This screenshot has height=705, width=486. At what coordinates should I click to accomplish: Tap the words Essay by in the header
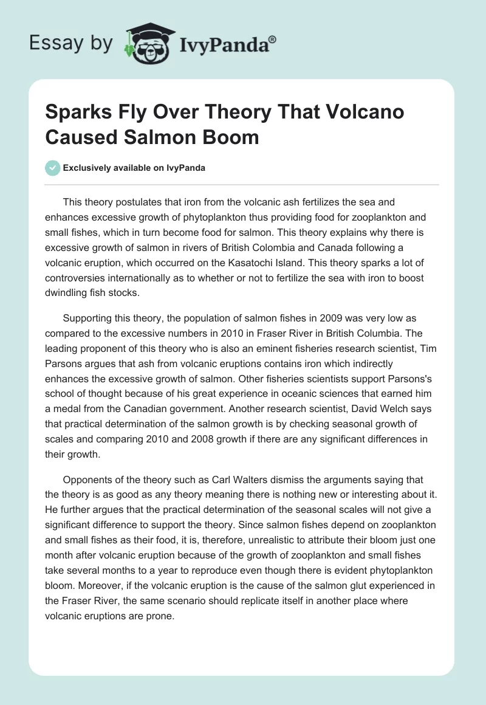click(70, 43)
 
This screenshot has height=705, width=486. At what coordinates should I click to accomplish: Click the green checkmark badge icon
click(53, 168)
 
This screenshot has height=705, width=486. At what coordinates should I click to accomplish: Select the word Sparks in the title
click(78, 114)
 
